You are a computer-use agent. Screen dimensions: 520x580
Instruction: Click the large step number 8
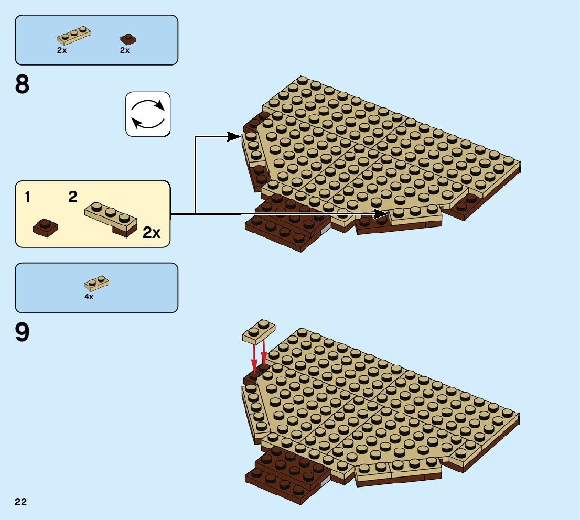coord(22,84)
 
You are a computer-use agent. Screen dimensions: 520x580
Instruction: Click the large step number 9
coord(22,332)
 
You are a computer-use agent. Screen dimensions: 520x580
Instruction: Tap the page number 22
coord(20,502)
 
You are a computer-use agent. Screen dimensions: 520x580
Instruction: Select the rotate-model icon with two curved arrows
coord(148,114)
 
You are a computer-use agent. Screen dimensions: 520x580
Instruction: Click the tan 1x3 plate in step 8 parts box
coord(73,36)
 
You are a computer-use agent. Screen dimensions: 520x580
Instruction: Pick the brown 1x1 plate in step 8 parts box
coord(127,38)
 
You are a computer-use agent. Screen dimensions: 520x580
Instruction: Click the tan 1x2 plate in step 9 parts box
coord(96,284)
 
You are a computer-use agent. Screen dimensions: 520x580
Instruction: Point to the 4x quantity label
coord(89,297)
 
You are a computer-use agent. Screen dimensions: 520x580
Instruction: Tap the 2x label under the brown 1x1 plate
coord(124,50)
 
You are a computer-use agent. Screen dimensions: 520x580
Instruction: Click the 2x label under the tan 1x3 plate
coord(62,50)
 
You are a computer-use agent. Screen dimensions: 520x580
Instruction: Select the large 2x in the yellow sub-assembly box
coord(151,232)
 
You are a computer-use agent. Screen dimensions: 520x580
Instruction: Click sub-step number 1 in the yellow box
coord(27,198)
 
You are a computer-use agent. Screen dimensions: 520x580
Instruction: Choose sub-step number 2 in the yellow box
coord(72,197)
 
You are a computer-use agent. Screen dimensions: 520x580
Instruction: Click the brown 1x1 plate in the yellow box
coord(45,227)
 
